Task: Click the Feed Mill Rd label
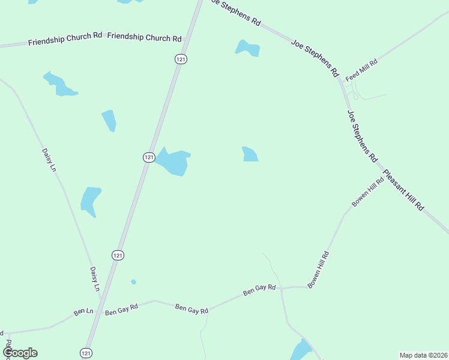(x=361, y=70)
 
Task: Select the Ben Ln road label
(x=83, y=312)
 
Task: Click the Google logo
(x=20, y=353)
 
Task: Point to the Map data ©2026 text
(x=423, y=355)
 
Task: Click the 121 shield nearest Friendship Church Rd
(x=181, y=58)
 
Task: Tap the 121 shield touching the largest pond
(x=149, y=157)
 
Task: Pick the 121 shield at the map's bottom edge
(x=86, y=353)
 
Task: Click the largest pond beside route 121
(x=173, y=162)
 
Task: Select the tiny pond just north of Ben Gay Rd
(x=133, y=281)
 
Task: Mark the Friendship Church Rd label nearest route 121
(x=144, y=37)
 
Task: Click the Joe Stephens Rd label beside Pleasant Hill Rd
(x=362, y=136)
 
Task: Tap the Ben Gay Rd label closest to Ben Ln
(x=121, y=309)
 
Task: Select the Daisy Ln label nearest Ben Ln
(x=94, y=279)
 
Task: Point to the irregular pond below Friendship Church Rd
(x=59, y=84)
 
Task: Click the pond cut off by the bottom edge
(x=301, y=350)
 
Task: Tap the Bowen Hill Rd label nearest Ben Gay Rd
(x=318, y=270)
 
